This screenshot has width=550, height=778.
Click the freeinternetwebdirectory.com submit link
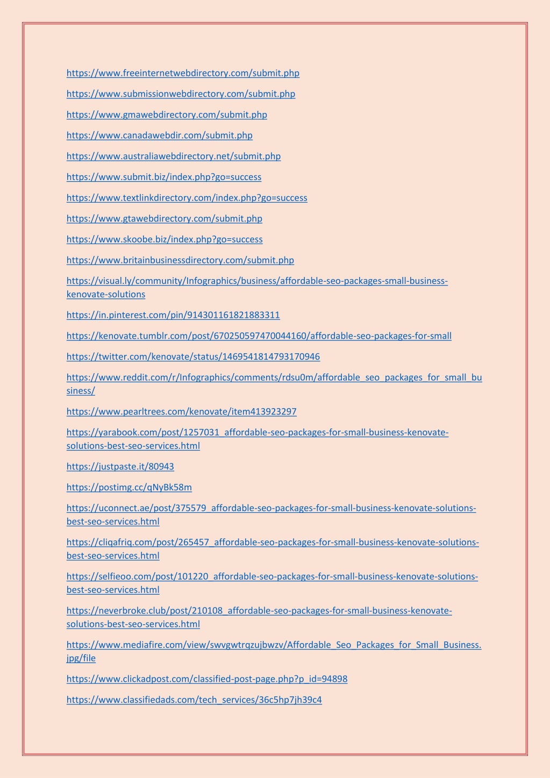pos(183,73)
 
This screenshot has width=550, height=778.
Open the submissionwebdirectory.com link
pos(181,94)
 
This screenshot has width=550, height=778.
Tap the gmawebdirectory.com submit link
pos(167,115)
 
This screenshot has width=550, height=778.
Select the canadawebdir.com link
pos(159,135)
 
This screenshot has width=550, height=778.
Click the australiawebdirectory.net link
pos(174,156)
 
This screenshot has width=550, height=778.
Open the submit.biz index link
pos(164,177)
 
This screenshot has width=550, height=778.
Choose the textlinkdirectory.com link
pos(187,198)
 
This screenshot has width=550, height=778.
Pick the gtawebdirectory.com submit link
pos(165,219)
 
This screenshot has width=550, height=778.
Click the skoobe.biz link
pos(165,239)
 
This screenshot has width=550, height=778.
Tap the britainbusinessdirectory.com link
pos(180,260)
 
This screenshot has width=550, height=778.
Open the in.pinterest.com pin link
pos(173,315)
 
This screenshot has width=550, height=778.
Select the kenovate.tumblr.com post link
pos(259,336)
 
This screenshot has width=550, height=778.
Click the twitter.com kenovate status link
pos(193,357)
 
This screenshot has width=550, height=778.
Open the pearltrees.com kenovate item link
pos(181,412)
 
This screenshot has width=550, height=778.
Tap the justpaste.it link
pos(120,467)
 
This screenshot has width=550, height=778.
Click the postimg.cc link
pos(129,488)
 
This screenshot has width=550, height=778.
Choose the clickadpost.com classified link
pos(207,679)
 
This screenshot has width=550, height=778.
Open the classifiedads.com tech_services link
pos(194,700)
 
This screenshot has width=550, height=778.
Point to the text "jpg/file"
pos(81,658)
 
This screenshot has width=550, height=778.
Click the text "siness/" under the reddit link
pos(81,391)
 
